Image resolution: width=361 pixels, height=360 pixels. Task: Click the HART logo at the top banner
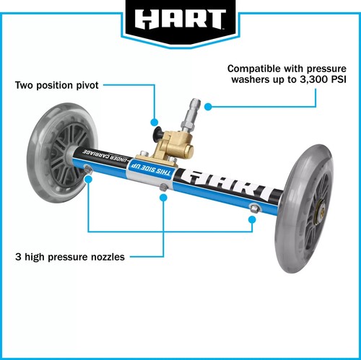click(180, 17)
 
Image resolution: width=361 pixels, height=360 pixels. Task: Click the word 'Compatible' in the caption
click(255, 67)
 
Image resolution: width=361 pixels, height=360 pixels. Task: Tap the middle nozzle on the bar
click(165, 188)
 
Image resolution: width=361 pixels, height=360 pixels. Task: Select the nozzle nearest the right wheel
click(253, 208)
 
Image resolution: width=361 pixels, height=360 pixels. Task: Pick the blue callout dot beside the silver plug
click(207, 107)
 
